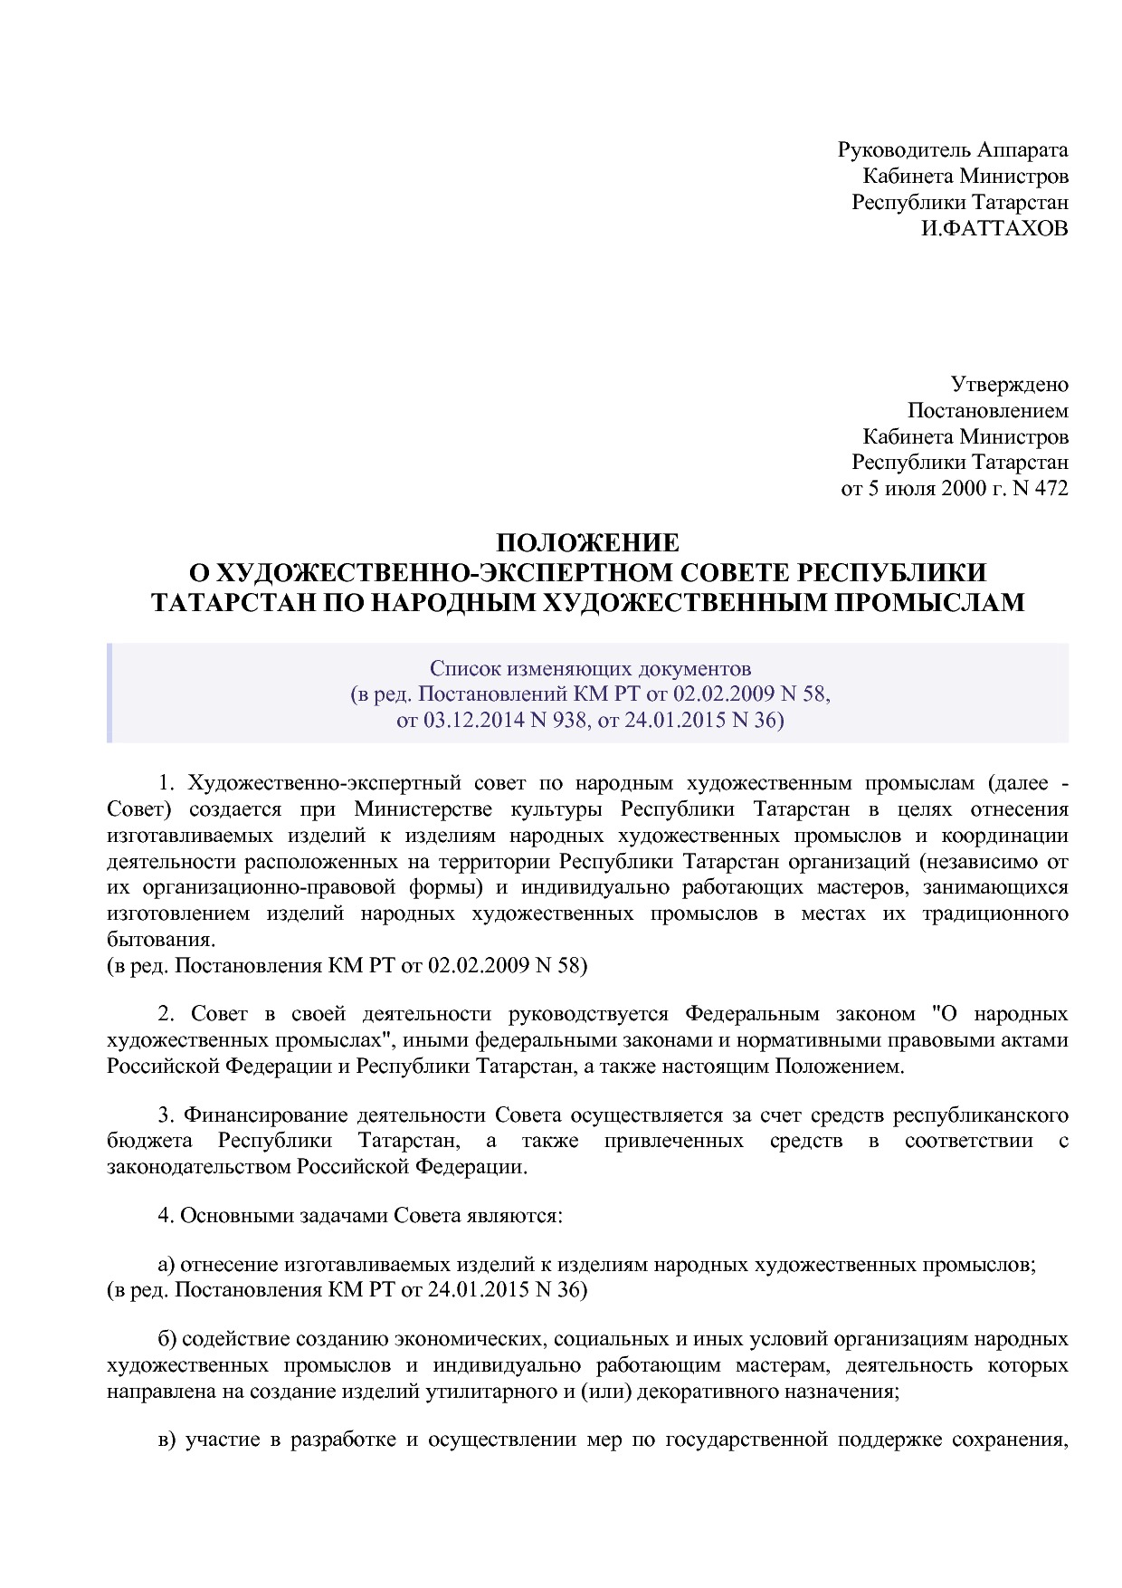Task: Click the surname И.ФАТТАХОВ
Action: (x=994, y=228)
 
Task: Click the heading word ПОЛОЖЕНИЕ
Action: (x=587, y=543)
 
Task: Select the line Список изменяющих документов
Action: (x=590, y=669)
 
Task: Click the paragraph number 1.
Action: (x=165, y=782)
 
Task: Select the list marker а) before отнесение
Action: (x=166, y=1264)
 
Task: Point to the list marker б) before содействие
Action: (x=166, y=1338)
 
